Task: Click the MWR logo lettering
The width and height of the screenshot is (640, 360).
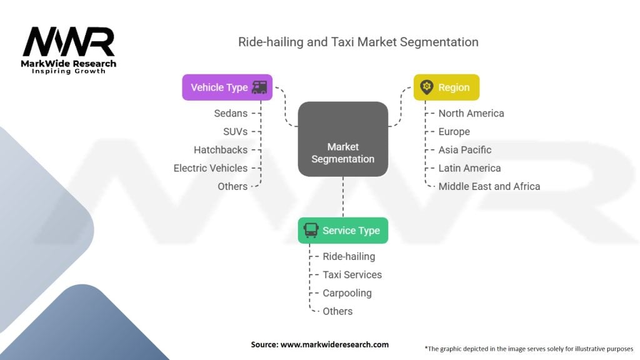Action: tap(69, 42)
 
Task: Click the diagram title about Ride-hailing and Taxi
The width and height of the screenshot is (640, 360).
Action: tap(358, 42)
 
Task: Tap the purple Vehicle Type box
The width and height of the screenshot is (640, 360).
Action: tap(227, 87)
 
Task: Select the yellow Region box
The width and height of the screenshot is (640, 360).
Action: tap(446, 87)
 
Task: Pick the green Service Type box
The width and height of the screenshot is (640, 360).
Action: tap(342, 231)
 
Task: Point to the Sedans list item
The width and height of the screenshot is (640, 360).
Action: tap(231, 113)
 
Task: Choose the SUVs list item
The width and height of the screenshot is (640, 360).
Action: tap(235, 132)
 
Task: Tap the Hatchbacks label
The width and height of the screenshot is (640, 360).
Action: tap(221, 150)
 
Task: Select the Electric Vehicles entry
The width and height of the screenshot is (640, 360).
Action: tap(211, 168)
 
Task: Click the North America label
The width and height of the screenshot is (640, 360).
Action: tap(471, 113)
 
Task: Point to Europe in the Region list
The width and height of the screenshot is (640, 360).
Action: tap(454, 132)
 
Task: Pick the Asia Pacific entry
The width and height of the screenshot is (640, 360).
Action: tap(465, 150)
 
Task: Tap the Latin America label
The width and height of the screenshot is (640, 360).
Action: tap(469, 168)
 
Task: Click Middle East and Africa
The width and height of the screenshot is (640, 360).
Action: tap(489, 186)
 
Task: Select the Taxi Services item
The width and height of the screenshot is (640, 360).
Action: tap(352, 274)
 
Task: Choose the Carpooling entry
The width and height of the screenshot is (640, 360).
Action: tap(347, 293)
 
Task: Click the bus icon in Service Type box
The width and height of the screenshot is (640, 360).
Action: tap(310, 231)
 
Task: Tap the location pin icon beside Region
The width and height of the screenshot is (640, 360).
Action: tap(427, 87)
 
